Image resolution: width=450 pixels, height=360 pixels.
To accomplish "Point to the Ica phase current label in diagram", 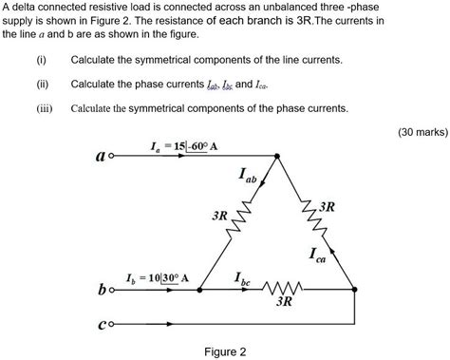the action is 320,254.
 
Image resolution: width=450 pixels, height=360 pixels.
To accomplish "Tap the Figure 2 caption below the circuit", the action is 225,351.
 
